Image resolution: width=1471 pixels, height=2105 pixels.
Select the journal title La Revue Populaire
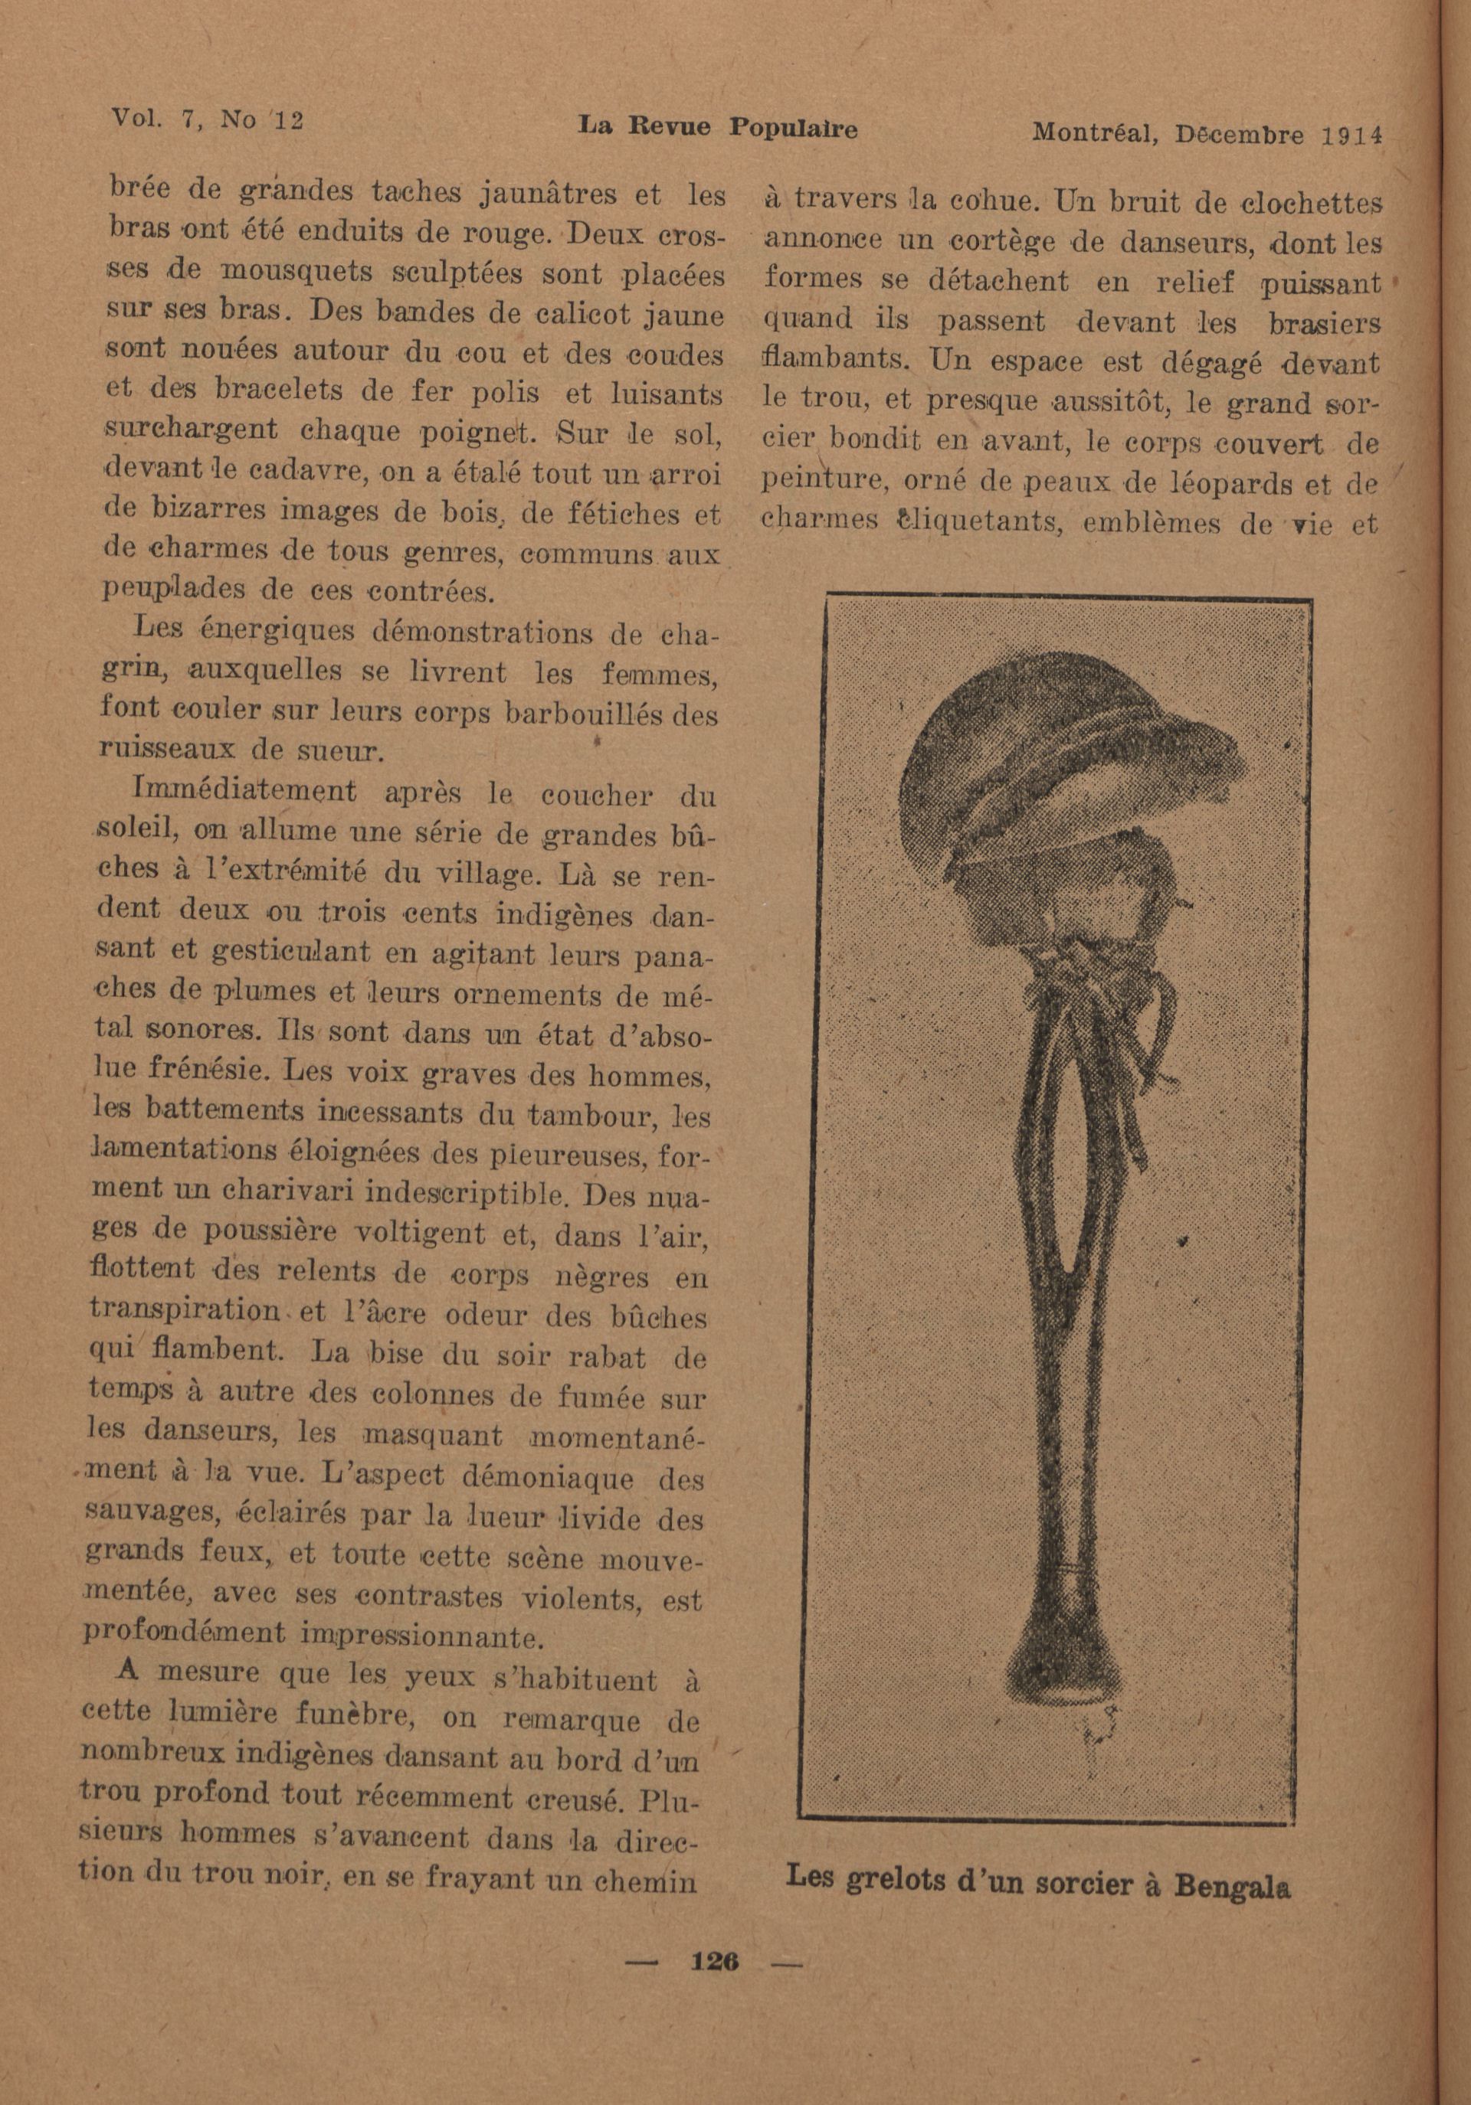(x=718, y=129)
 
